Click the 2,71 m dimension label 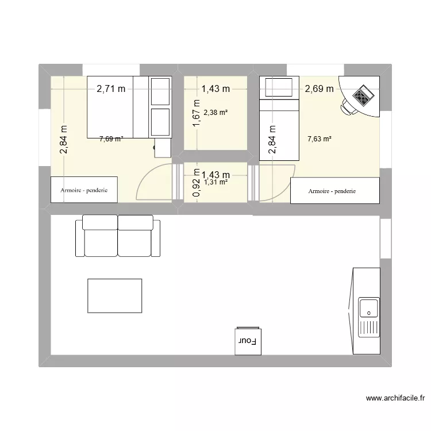(111, 88)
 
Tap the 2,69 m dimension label (319, 88)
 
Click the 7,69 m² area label (111, 138)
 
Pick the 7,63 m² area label (320, 138)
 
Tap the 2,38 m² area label (215, 112)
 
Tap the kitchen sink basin (368, 309)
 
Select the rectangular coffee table (114, 296)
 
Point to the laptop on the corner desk (362, 95)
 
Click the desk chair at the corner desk (347, 107)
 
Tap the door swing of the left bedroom (154, 183)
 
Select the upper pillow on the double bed (160, 91)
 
